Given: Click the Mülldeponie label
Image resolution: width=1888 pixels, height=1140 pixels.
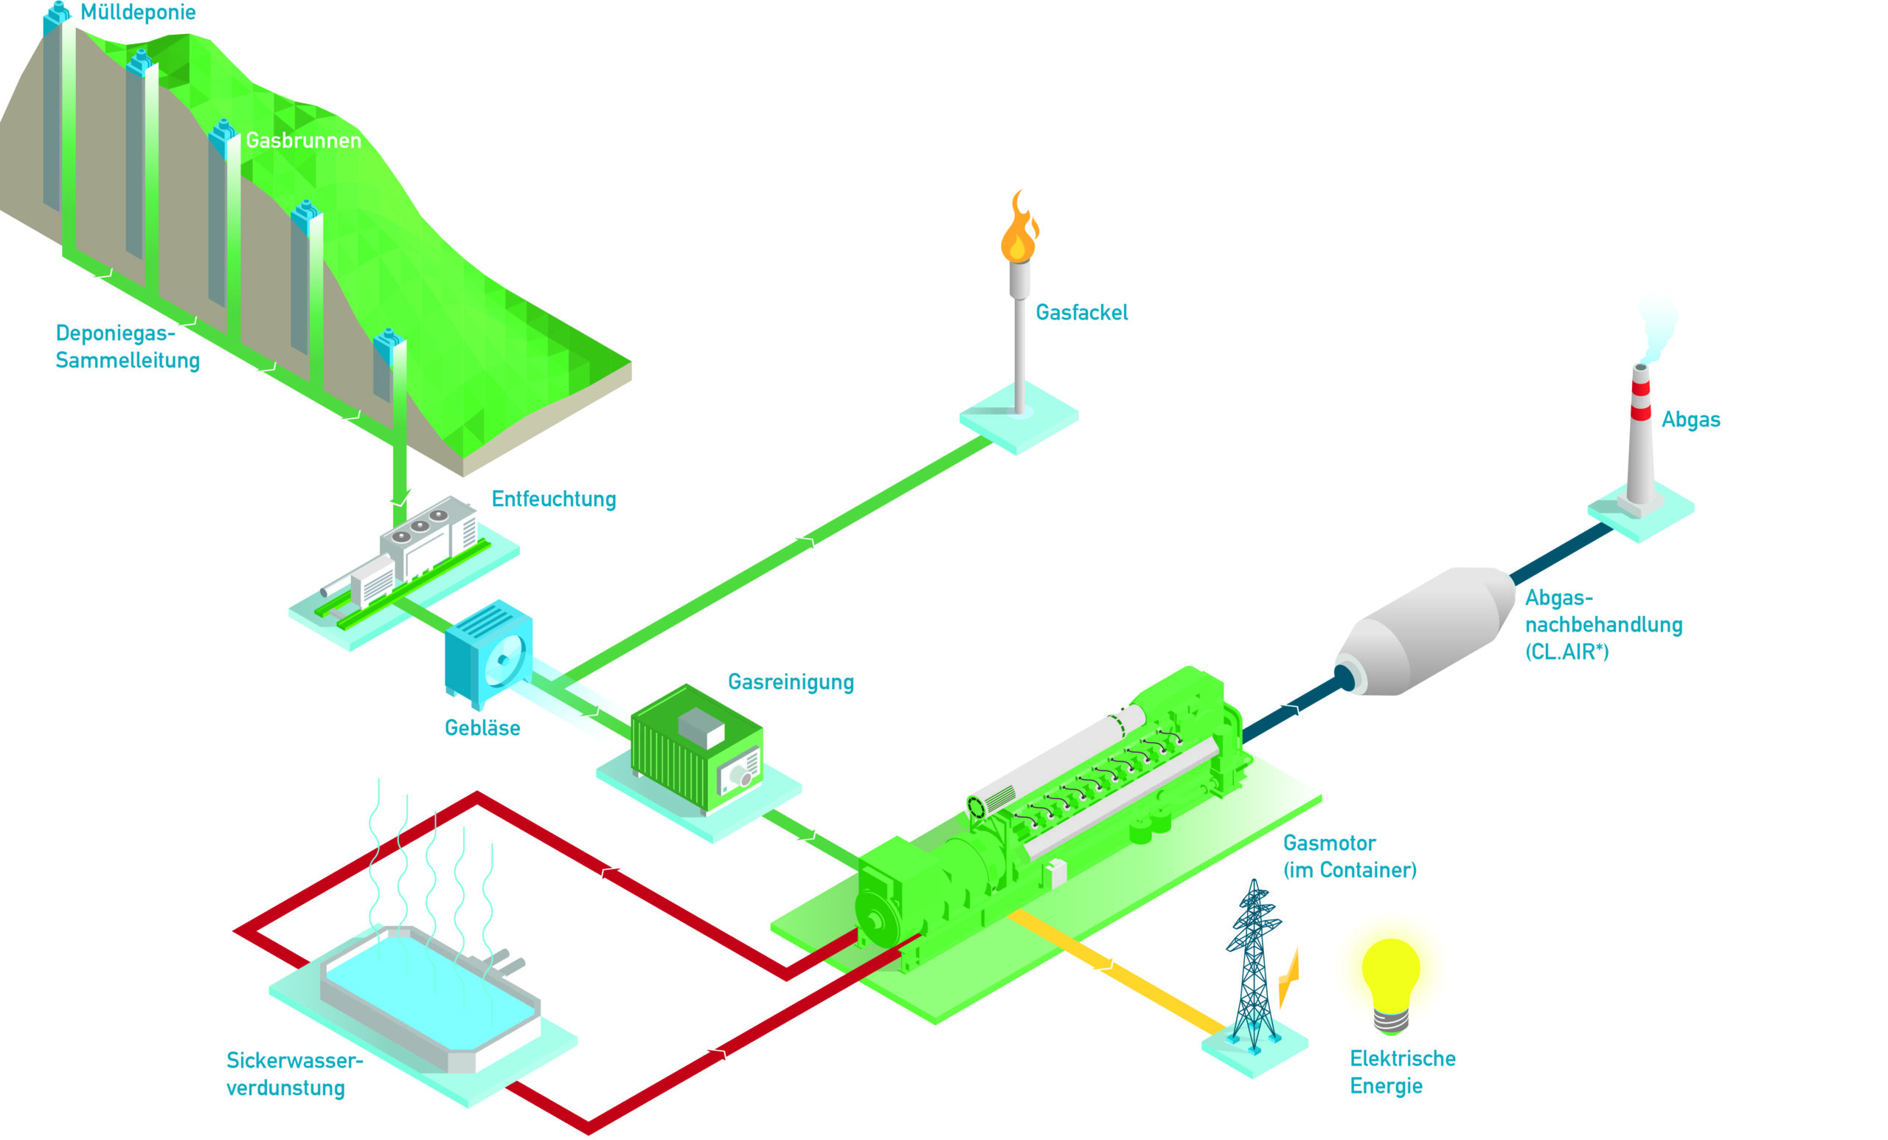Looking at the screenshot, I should pyautogui.click(x=138, y=13).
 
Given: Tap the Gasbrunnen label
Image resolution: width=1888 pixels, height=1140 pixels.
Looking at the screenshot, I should pyautogui.click(x=303, y=140).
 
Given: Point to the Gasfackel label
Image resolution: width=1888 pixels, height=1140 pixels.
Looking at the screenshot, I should pyautogui.click(x=1081, y=313).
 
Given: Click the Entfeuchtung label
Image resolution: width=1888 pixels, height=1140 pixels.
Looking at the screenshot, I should pyautogui.click(x=553, y=499).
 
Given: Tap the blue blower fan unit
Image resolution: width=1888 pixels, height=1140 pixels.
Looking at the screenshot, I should pyautogui.click(x=489, y=652).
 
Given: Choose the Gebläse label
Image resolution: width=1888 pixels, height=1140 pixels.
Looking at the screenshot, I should pyautogui.click(x=482, y=728).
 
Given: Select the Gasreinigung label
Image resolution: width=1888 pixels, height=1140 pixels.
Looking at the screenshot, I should pyautogui.click(x=790, y=682).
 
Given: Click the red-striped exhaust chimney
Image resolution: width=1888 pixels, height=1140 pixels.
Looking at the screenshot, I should pyautogui.click(x=1639, y=437).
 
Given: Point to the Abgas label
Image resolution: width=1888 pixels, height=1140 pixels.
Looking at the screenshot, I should pyautogui.click(x=1690, y=419).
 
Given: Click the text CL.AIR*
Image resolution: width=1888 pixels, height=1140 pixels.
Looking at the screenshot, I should pyautogui.click(x=1566, y=652).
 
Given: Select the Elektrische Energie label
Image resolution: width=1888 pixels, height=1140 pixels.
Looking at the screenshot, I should pyautogui.click(x=1401, y=1072).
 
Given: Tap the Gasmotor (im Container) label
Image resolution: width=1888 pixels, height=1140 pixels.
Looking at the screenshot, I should pyautogui.click(x=1349, y=857).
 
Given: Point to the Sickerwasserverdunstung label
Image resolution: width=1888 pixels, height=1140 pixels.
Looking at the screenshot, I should pyautogui.click(x=294, y=1074).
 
